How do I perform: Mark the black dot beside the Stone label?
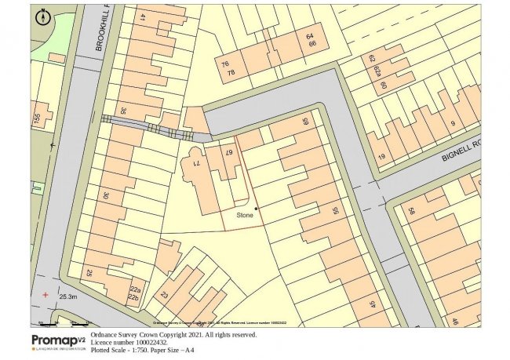(x=255, y=208)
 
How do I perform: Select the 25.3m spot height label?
(x=67, y=296)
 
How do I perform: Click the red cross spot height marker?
(x=46, y=295)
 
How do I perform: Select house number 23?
(x=164, y=296)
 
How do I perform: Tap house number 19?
(x=382, y=158)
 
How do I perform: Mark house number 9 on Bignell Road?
(x=452, y=124)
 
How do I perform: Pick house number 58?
(x=410, y=212)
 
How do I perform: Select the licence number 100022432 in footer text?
(x=153, y=342)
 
